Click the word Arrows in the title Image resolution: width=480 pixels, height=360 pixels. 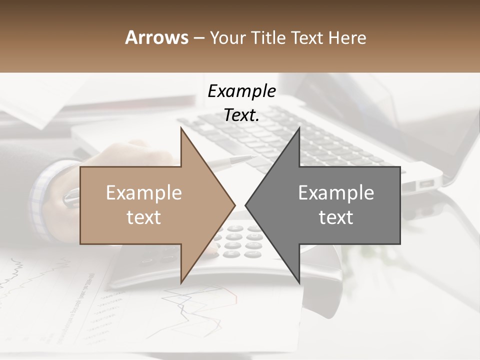click(x=157, y=37)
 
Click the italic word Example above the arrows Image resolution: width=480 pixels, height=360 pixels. click(x=241, y=91)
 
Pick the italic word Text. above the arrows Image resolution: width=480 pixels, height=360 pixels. click(x=241, y=115)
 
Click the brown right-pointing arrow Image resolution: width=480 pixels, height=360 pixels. click(x=150, y=205)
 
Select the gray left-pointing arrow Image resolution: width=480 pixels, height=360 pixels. click(x=330, y=205)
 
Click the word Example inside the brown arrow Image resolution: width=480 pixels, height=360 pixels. click(x=143, y=193)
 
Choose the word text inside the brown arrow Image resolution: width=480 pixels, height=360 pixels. click(x=143, y=217)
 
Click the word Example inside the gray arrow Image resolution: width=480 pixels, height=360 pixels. click(x=336, y=193)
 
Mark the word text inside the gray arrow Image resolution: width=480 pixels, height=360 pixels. click(x=336, y=217)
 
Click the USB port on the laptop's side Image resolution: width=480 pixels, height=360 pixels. click(x=426, y=183)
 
